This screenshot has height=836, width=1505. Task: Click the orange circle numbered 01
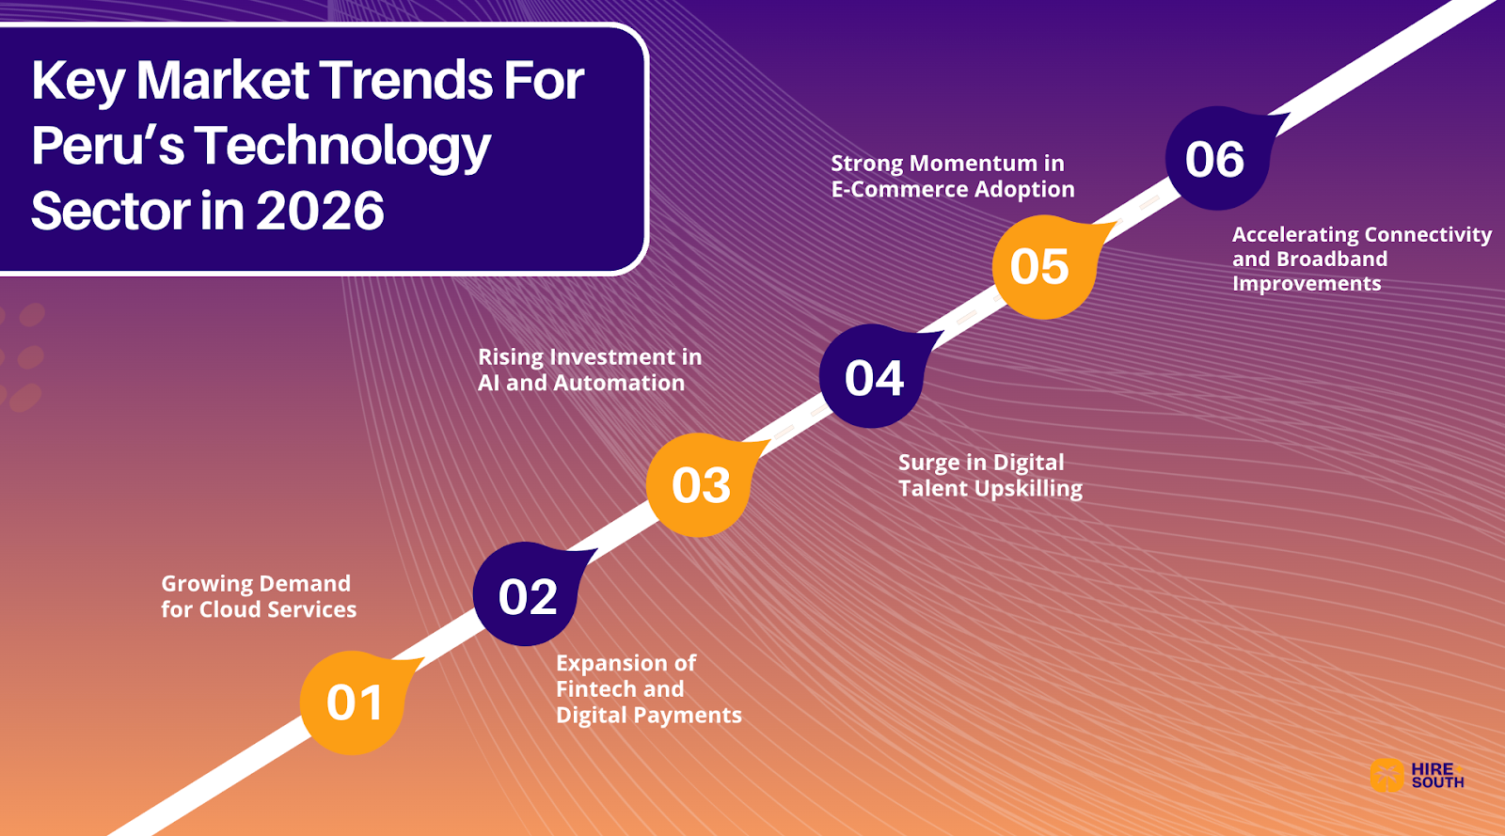point(353,702)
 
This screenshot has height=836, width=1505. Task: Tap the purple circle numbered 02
point(526,596)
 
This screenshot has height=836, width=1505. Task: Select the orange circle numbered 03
point(699,485)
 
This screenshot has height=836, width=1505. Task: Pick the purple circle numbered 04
point(872,377)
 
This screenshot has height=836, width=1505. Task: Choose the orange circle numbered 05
point(1043,267)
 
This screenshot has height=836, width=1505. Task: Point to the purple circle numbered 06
point(1216,159)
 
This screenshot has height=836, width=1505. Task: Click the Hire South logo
point(1418,775)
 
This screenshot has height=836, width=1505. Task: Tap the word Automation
point(619,383)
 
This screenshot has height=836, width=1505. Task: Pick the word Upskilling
point(1029,489)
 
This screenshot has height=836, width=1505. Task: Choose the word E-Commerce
point(899,189)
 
